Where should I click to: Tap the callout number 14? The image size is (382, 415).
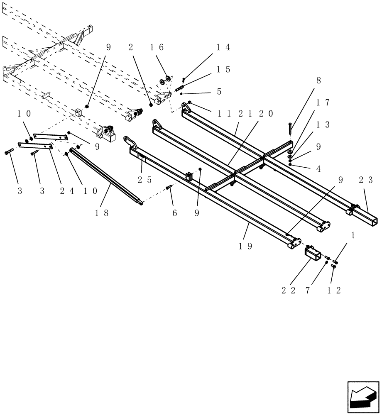click(x=222, y=47)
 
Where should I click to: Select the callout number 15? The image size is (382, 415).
click(x=223, y=69)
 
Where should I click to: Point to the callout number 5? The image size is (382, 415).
click(x=219, y=91)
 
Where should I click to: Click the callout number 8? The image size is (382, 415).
click(x=318, y=81)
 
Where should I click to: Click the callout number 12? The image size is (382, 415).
click(x=334, y=290)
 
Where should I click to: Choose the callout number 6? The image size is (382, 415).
click(x=174, y=213)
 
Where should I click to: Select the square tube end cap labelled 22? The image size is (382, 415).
click(x=313, y=253)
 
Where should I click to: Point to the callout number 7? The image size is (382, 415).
click(x=308, y=290)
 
